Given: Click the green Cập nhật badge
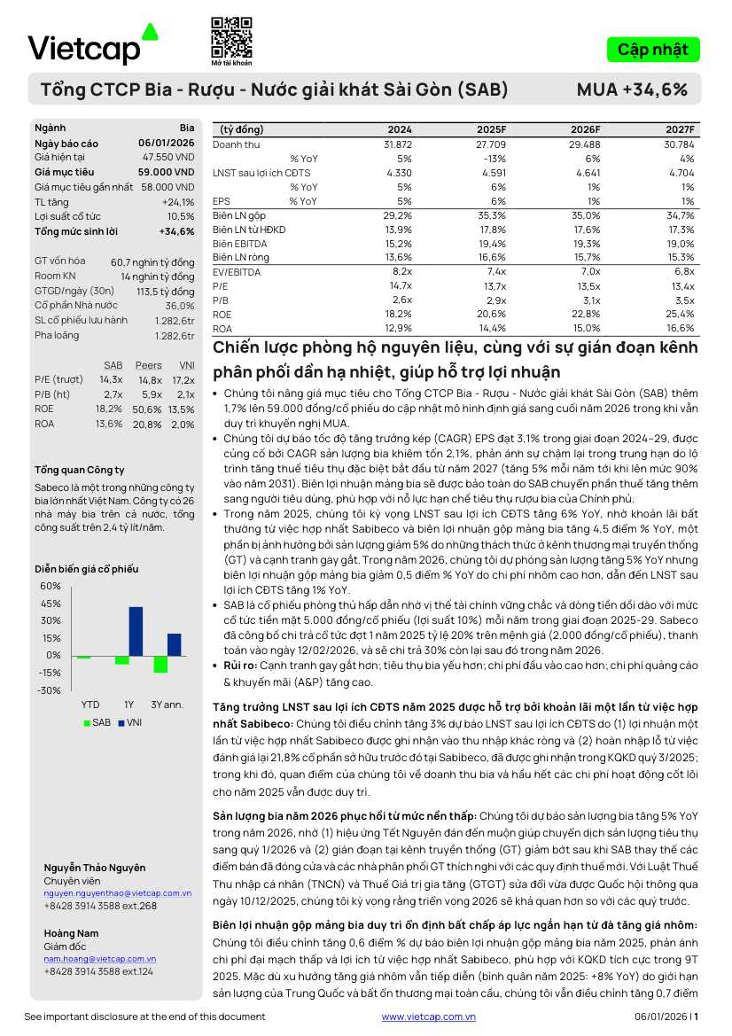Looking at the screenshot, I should click(x=653, y=50).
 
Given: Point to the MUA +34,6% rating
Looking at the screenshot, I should click(x=632, y=90).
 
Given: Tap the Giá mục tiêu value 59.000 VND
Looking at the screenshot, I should click(x=166, y=172).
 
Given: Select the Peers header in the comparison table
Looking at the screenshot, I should click(x=149, y=365).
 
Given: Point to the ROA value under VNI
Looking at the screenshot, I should click(x=183, y=424).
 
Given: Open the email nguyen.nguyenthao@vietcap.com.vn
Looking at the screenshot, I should click(x=117, y=893).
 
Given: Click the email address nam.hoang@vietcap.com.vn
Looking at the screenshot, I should click(x=99, y=959).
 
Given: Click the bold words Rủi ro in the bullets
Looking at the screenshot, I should click(x=241, y=666).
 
